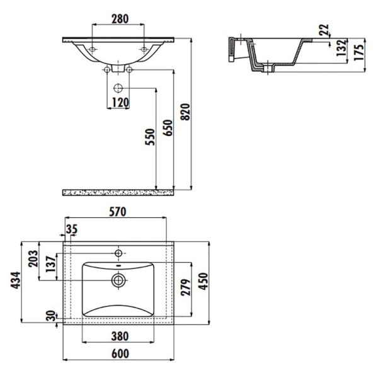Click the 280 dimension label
click(120, 19)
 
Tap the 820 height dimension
click(185, 112)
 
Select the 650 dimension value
click(168, 128)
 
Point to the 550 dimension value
click(150, 137)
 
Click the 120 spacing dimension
click(120, 103)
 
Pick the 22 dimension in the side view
click(324, 30)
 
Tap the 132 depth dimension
click(341, 49)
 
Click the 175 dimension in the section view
click(359, 52)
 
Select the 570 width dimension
click(118, 212)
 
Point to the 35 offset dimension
click(72, 229)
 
